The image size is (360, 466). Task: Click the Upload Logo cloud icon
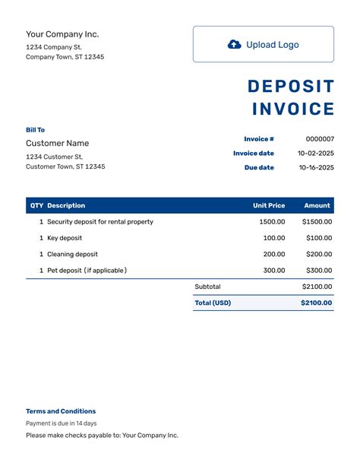click(x=235, y=45)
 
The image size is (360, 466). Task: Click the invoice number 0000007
click(x=319, y=139)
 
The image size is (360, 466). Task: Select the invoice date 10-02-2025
click(x=316, y=154)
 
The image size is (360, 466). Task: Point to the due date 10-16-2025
click(x=316, y=168)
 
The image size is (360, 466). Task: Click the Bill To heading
click(x=36, y=130)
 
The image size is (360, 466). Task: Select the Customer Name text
click(x=58, y=144)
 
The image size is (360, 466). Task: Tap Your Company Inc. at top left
click(x=62, y=34)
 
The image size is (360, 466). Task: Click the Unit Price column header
click(x=269, y=205)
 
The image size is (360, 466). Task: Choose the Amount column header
click(x=317, y=205)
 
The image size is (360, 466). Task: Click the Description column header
click(x=66, y=205)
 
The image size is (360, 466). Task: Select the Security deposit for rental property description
click(x=100, y=222)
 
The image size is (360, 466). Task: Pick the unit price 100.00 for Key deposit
click(x=274, y=238)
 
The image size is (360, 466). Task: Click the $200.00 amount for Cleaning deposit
click(x=317, y=255)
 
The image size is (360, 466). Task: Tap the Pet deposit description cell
click(x=87, y=271)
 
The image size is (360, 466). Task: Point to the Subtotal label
click(x=207, y=287)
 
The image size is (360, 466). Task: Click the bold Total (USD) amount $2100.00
click(x=316, y=303)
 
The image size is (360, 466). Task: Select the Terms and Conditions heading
click(x=61, y=411)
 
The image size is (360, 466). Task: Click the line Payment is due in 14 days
click(x=62, y=423)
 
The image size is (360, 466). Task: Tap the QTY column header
click(x=36, y=205)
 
